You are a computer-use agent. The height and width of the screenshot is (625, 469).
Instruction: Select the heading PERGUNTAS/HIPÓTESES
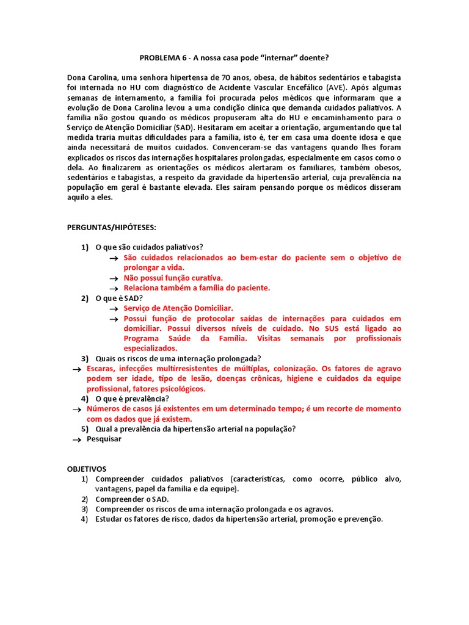coord(112,228)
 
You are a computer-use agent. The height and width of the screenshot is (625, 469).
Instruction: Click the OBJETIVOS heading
coord(87,469)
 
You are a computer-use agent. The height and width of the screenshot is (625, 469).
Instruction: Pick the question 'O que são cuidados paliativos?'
coord(150,248)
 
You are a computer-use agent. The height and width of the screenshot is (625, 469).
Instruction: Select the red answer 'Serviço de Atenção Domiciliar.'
coord(178,308)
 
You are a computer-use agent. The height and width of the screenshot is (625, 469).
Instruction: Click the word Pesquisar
coord(104,439)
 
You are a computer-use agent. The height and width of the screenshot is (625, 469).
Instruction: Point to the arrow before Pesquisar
coord(76,439)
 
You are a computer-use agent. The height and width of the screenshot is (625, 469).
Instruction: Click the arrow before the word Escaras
coord(76,369)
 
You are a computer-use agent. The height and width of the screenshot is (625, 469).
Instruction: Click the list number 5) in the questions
coord(85,428)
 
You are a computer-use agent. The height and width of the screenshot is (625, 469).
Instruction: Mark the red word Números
coord(104,409)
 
